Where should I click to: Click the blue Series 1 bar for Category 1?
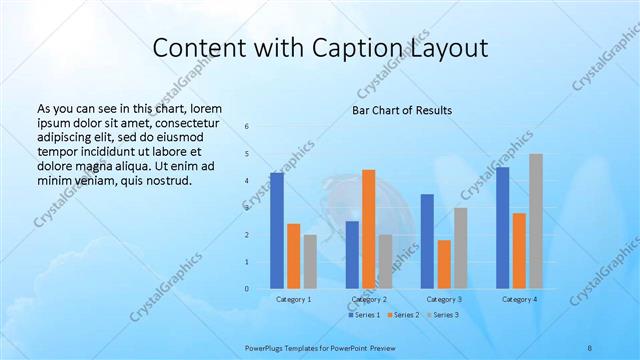coord(277,231)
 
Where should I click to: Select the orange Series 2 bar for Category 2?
coord(369,229)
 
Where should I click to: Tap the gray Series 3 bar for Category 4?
coord(536,221)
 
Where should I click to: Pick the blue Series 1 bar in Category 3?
coord(427,241)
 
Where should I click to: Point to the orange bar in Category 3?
coord(444,264)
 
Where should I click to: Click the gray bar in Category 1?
coord(310,262)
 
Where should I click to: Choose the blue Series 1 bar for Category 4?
coord(502,228)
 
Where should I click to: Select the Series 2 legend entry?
coord(403,315)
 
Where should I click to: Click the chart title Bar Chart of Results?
coord(402,110)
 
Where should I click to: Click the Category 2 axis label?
coord(369,299)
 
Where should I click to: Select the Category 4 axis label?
coord(519,299)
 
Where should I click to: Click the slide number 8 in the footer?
coord(590,346)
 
